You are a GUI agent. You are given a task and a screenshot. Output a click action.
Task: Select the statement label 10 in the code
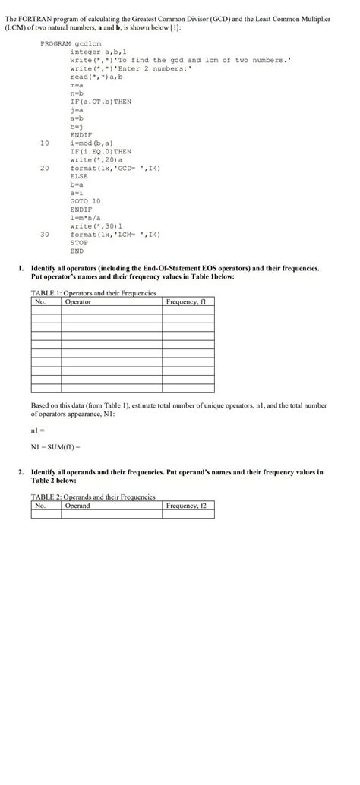[x=44, y=142]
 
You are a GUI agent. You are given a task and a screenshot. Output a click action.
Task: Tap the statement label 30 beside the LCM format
[x=44, y=234]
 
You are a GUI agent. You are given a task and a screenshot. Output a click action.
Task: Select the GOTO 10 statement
[x=85, y=200]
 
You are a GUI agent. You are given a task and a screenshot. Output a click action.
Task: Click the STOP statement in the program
[x=78, y=242]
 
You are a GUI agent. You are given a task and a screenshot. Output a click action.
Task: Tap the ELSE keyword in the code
[x=78, y=175]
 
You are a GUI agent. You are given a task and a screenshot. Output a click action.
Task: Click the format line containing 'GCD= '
[x=115, y=167]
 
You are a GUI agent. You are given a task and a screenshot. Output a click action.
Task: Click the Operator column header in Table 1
[x=78, y=301]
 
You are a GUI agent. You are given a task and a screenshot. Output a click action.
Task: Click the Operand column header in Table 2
[x=77, y=506]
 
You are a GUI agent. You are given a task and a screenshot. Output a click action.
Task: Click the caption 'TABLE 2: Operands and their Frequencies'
[x=93, y=497]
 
